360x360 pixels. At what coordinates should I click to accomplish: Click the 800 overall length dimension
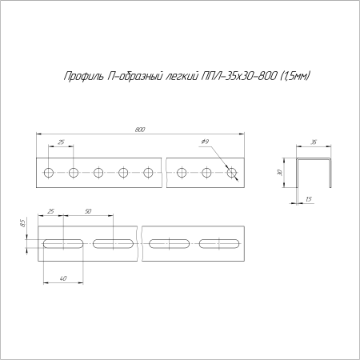(140, 128)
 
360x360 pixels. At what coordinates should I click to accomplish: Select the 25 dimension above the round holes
(62, 142)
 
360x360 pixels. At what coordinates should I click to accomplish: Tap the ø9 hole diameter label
(206, 142)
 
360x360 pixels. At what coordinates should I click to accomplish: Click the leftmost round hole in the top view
(50, 172)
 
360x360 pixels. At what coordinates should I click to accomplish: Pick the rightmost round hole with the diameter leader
(232, 172)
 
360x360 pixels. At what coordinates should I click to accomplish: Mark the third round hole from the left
(98, 172)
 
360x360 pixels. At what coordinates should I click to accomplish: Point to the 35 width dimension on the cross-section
(314, 142)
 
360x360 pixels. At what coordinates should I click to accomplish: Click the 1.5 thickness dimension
(308, 198)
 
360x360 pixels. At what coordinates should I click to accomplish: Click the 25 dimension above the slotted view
(51, 210)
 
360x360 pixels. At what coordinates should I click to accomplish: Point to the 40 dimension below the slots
(62, 277)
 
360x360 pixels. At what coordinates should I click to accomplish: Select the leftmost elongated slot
(62, 242)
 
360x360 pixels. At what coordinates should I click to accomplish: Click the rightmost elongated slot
(220, 242)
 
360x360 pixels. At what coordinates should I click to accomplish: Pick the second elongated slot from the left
(114, 242)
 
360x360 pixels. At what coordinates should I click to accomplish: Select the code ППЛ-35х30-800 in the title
(236, 77)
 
